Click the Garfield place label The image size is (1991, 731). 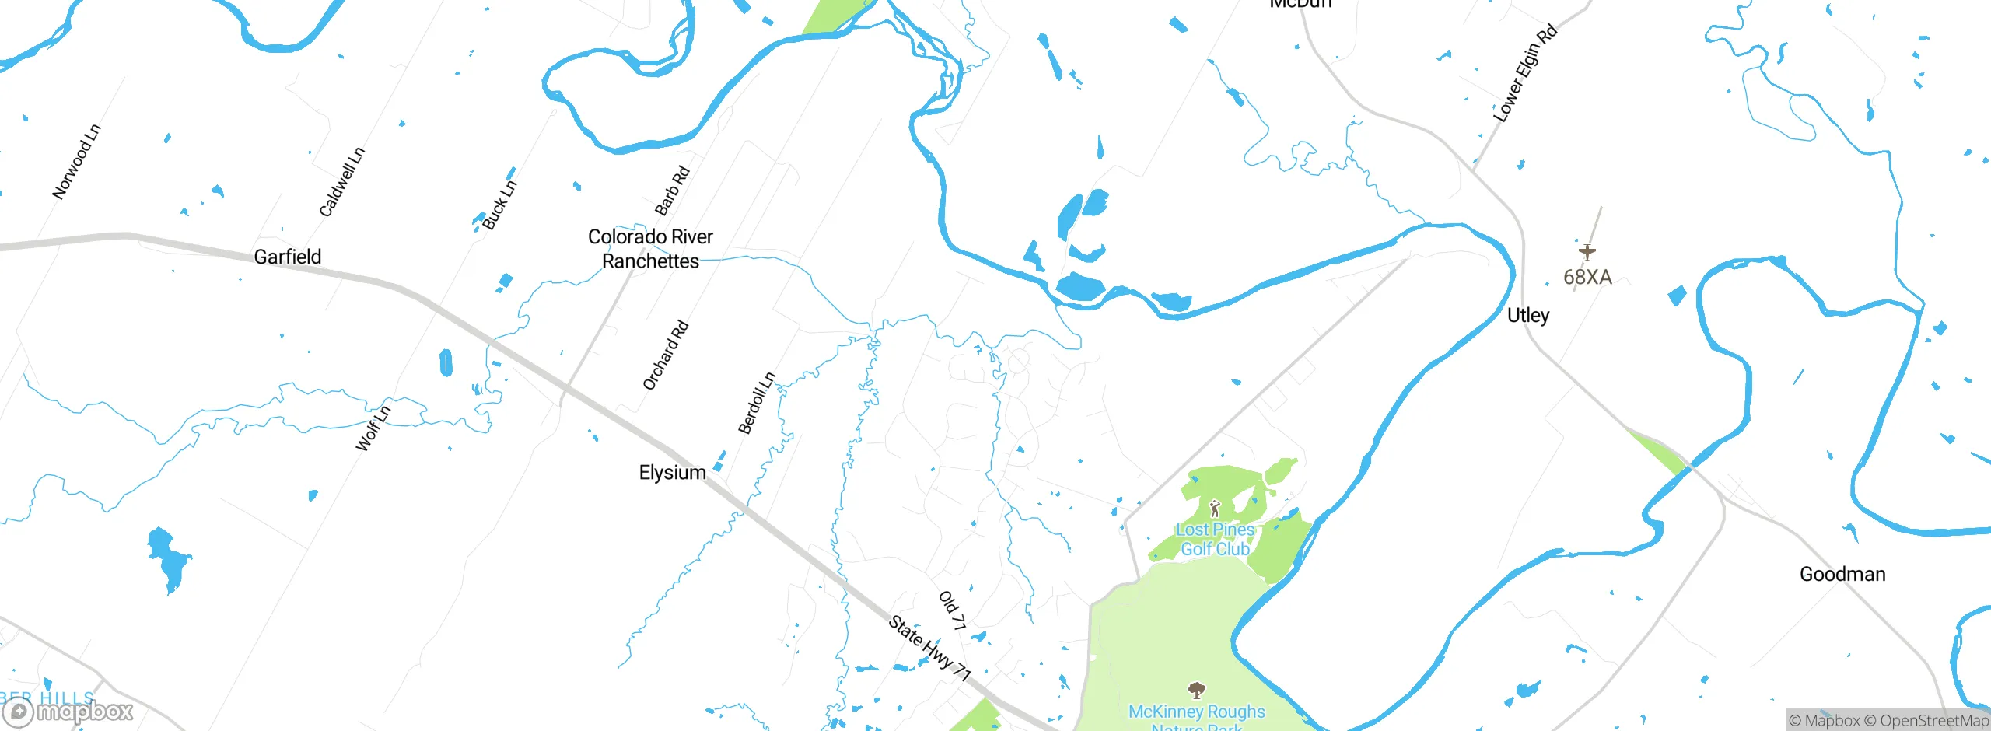pyautogui.click(x=287, y=257)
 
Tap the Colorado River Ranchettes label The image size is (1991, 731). pyautogui.click(x=650, y=249)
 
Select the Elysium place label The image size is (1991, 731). pyautogui.click(x=672, y=473)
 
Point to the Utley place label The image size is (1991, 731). pyautogui.click(x=1527, y=315)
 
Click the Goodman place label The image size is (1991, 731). pyautogui.click(x=1842, y=574)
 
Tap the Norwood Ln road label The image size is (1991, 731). pyautogui.click(x=76, y=162)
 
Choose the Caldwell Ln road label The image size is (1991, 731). pyautogui.click(x=342, y=182)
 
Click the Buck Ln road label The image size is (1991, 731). pyautogui.click(x=499, y=205)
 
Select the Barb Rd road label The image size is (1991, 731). pyautogui.click(x=672, y=191)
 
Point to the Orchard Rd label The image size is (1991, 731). pyautogui.click(x=666, y=355)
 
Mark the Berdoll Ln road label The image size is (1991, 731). pyautogui.click(x=757, y=403)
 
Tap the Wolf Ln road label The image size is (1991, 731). pyautogui.click(x=373, y=428)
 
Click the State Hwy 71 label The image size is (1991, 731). pyautogui.click(x=930, y=649)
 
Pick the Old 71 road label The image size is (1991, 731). pyautogui.click(x=953, y=610)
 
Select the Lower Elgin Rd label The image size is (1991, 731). pyautogui.click(x=1525, y=73)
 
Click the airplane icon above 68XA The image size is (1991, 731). pyautogui.click(x=1587, y=252)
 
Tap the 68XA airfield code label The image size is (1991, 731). pyautogui.click(x=1587, y=277)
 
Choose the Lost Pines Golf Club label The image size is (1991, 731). pyautogui.click(x=1215, y=539)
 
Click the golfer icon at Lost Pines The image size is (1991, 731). pyautogui.click(x=1215, y=509)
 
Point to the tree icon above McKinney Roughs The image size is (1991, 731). pyautogui.click(x=1197, y=690)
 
